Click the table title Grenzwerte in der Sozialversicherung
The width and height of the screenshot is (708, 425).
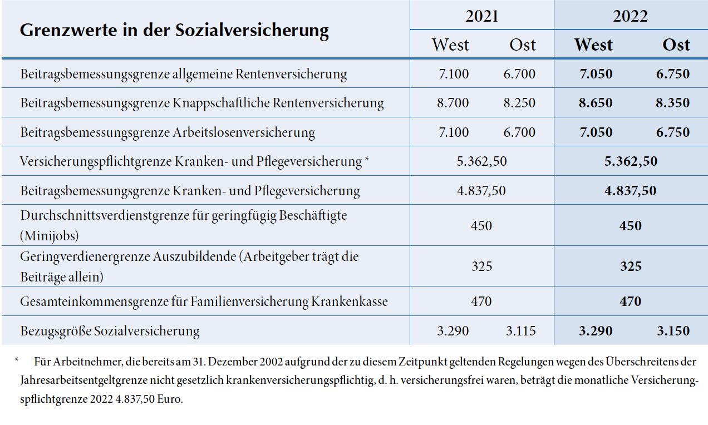[x=174, y=29]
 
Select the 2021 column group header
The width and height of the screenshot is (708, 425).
[x=481, y=16]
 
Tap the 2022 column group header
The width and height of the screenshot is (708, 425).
[x=631, y=16]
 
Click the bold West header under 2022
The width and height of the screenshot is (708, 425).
[x=593, y=45]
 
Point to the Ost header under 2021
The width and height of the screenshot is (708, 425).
[x=523, y=45]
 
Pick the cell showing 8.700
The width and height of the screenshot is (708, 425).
[x=453, y=103]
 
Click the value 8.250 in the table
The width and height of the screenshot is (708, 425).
[x=520, y=103]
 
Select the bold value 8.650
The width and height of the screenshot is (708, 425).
[x=596, y=103]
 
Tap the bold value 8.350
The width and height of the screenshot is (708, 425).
[x=673, y=103]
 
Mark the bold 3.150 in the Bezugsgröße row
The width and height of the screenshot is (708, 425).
[x=673, y=331]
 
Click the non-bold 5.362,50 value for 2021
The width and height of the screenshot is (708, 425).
[x=481, y=161]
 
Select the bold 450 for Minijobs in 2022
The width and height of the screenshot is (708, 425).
[x=631, y=226]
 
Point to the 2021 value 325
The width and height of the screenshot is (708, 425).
[x=481, y=266]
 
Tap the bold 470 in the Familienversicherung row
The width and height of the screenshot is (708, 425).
[x=631, y=302]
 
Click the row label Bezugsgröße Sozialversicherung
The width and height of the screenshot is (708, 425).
[x=110, y=331]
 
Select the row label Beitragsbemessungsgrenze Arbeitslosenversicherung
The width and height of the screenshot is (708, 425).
[x=168, y=132]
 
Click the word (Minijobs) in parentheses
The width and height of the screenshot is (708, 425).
[x=50, y=235]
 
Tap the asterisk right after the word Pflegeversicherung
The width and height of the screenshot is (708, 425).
[x=367, y=160]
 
